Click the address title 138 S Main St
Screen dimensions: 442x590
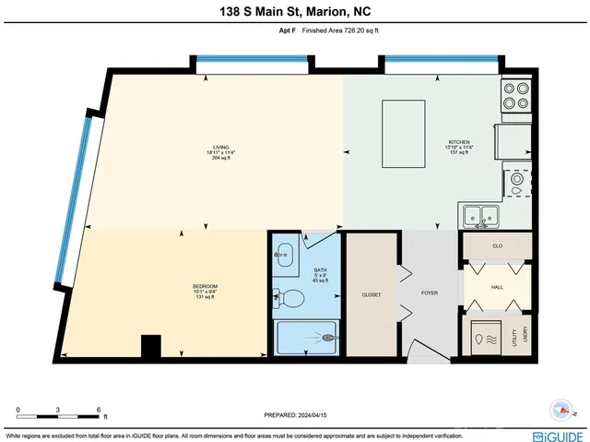point(294,11)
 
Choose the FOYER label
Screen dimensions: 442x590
point(431,294)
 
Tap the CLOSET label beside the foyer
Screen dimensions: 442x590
point(372,294)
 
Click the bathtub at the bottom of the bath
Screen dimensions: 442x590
point(306,338)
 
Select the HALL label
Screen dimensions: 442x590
point(497,288)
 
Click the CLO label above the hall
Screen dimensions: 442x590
point(497,246)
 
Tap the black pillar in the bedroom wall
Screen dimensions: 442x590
point(149,347)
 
